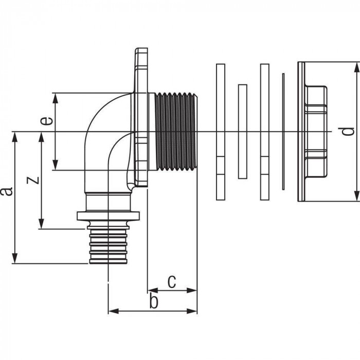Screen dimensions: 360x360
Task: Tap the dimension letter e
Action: point(46,122)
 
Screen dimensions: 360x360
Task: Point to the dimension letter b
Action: point(153,301)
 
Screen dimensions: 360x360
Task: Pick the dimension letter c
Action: point(172,281)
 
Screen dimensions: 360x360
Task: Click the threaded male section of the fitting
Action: point(175,132)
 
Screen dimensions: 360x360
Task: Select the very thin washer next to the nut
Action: point(282,132)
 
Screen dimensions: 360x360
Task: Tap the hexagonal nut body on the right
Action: point(315,132)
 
